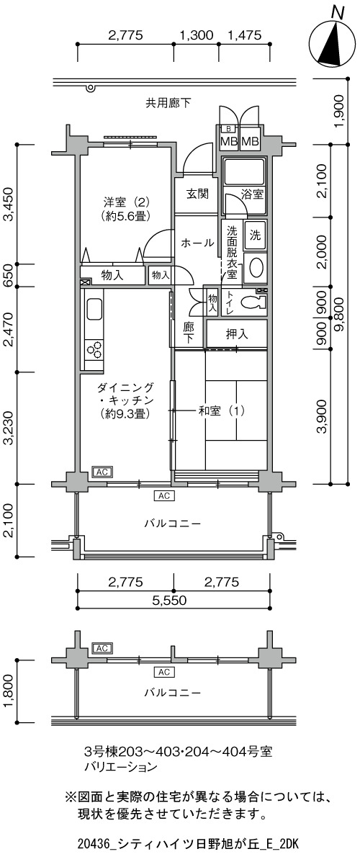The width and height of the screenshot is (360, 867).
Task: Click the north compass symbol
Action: coord(332,39)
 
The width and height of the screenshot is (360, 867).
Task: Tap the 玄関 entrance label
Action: coord(198,193)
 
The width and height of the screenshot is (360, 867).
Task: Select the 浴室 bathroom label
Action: coord(253,194)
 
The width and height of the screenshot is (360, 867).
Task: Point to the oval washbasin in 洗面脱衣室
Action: coord(256,268)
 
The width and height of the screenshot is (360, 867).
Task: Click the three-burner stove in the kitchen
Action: coord(95,349)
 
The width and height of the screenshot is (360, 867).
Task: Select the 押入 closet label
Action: coord(237,334)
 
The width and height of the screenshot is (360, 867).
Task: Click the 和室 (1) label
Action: coord(222,410)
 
